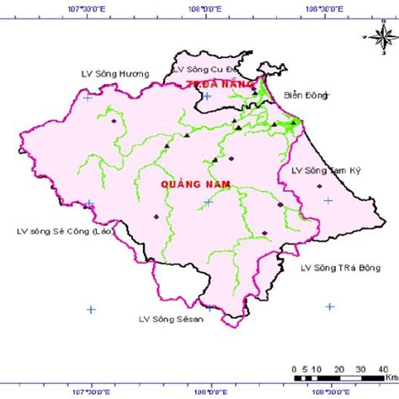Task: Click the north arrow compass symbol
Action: point(376,35)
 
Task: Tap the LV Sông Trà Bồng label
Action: point(340,268)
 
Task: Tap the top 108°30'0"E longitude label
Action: point(323,7)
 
